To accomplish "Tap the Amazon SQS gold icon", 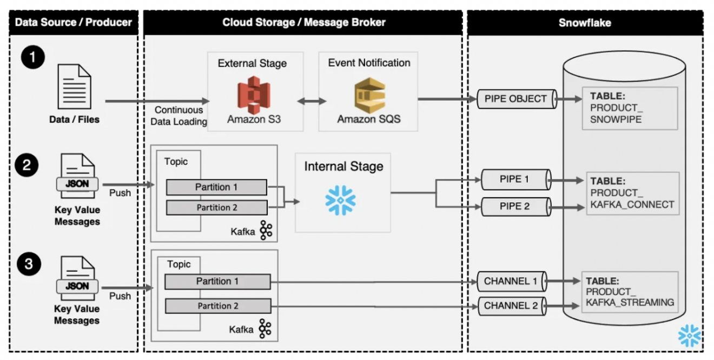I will point(369,95).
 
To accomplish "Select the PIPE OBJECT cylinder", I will point(516,99).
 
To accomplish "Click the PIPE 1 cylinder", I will point(515,179).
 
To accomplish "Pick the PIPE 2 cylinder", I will point(515,206).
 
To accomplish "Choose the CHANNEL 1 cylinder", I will point(512,281).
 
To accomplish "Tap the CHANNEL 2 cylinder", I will point(512,305).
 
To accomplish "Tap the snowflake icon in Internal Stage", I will point(340,200).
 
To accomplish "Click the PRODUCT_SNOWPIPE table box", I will point(630,108).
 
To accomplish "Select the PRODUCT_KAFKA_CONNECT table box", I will point(632,193).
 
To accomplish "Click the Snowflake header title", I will point(585,22).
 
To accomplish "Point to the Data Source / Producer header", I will point(74,22).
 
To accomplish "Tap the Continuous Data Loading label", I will point(178,116).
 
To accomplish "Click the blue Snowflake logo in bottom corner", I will point(689,336).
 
